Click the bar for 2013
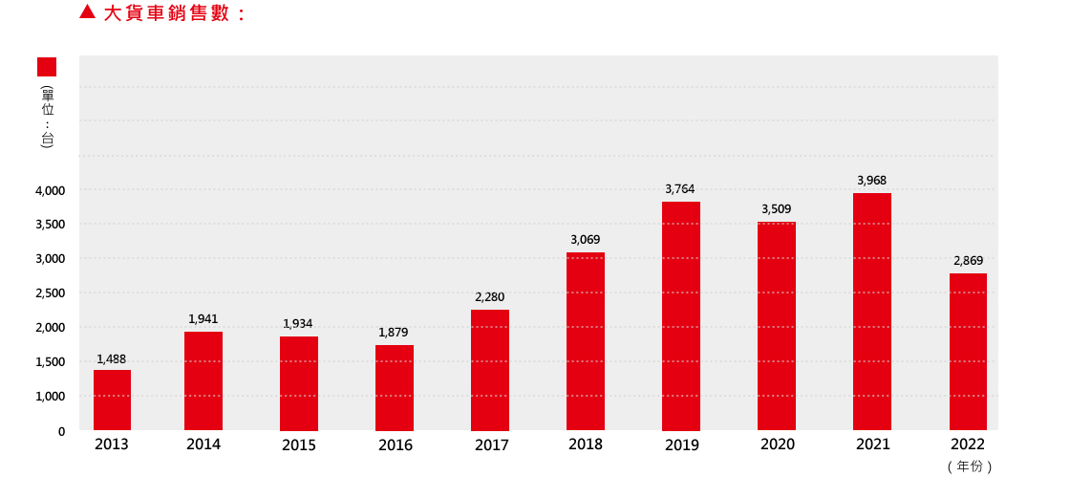112,400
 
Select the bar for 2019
681,315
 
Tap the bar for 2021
872,312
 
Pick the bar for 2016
395,387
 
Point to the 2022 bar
968,352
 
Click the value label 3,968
872,180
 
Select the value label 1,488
112,358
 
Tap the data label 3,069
586,239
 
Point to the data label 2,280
490,297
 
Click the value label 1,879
393,332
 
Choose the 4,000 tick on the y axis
50,190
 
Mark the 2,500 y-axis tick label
50,293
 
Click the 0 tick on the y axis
61,431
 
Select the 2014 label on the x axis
203,444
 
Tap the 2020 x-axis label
777,444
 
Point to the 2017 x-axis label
491,445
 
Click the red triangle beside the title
87,13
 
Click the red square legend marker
47,67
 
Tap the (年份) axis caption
970,466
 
